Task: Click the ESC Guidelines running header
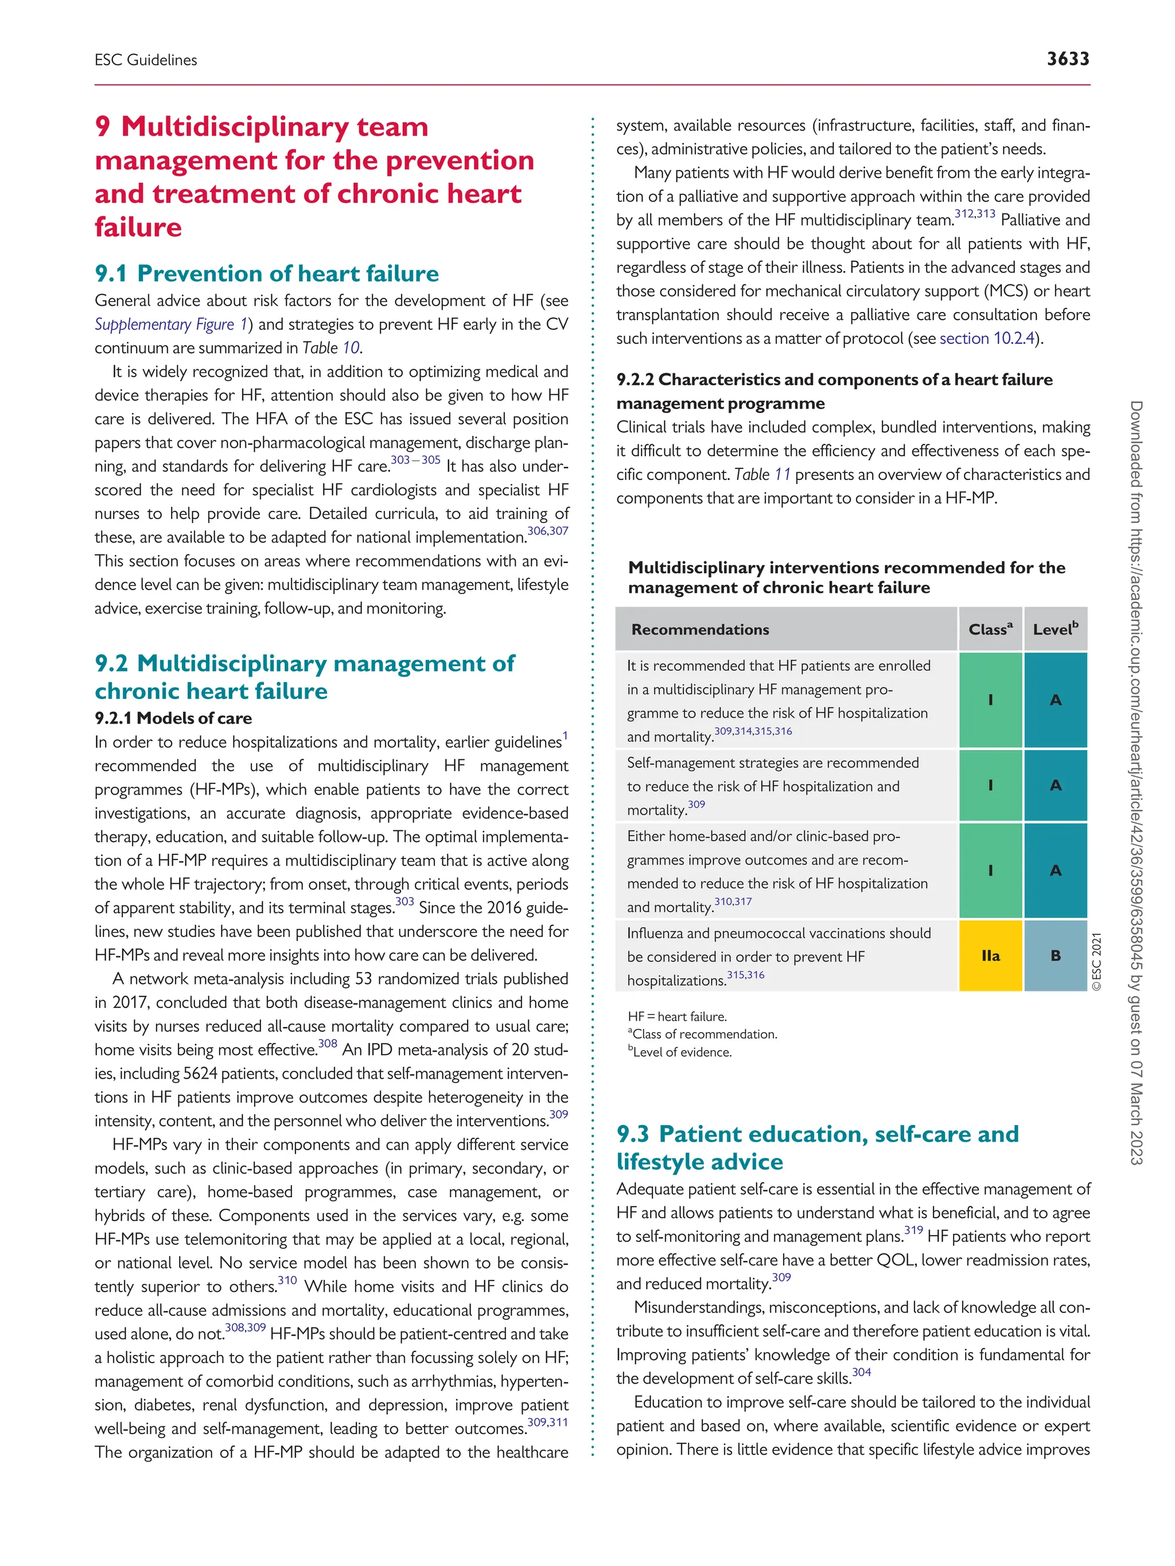pos(146,60)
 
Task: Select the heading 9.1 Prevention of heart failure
pos(266,274)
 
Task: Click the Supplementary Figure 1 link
pos(170,324)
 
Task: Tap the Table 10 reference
pos(331,347)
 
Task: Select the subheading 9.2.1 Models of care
pos(173,718)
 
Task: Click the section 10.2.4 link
pos(987,338)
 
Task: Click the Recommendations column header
pos(700,630)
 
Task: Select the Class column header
pos(990,630)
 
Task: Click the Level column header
pos(1055,630)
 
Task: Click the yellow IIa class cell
pos(990,956)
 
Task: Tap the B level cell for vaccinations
pos(1055,956)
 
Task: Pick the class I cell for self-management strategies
pos(990,785)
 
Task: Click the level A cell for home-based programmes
pos(1055,870)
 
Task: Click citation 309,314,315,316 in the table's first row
pos(753,731)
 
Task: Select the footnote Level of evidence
pos(682,1052)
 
